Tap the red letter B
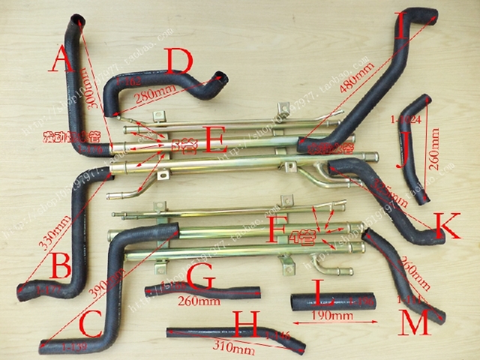pyautogui.click(x=61, y=263)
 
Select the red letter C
pyautogui.click(x=90, y=325)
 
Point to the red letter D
pyautogui.click(x=181, y=63)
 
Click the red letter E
pyautogui.click(x=215, y=139)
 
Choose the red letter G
pyautogui.click(x=200, y=277)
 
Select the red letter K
pyautogui.click(x=447, y=225)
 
